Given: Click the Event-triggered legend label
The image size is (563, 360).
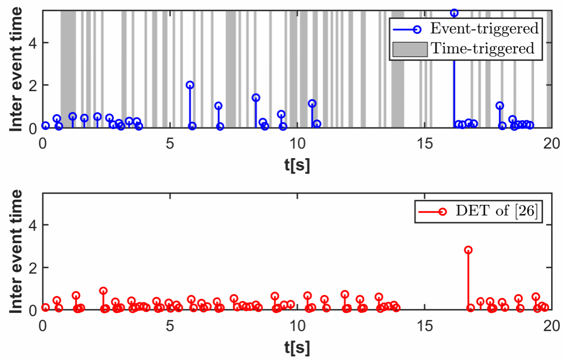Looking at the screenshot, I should click(483, 28).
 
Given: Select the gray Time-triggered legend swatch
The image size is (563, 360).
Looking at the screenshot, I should click(409, 49).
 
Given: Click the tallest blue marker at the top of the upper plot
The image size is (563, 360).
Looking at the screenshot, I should click(454, 13).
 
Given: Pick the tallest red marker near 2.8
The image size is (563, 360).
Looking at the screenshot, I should click(468, 250).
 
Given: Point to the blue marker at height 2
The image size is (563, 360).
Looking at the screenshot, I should click(190, 85).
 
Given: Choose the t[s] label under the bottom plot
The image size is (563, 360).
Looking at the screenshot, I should click(297, 348).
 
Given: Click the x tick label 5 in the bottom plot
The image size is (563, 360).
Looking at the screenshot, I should click(170, 326).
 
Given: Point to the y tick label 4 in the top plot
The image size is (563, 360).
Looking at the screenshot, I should click(31, 43).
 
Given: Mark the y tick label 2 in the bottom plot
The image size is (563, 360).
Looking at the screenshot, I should click(31, 267).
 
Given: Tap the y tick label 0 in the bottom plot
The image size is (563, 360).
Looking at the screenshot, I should click(31, 310).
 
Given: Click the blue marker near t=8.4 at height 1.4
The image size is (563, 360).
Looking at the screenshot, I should click(256, 98).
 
